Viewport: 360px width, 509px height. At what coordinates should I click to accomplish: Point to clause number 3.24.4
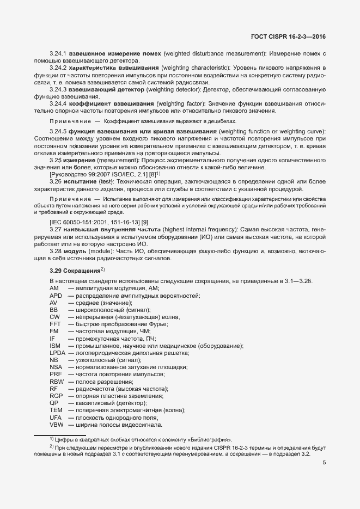(x=58, y=103)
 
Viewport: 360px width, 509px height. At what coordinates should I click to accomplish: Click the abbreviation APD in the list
(x=56, y=295)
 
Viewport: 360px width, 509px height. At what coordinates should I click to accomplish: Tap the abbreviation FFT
(x=55, y=323)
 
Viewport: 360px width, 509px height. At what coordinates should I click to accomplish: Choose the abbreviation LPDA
(x=57, y=353)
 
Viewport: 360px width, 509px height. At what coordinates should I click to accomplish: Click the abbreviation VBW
(x=56, y=424)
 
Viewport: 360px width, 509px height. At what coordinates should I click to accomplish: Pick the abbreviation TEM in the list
(x=56, y=410)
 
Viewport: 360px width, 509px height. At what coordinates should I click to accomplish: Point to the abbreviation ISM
(x=54, y=346)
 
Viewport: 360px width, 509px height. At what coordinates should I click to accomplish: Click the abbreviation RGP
(x=56, y=396)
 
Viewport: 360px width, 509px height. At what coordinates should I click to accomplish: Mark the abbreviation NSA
(x=55, y=367)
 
